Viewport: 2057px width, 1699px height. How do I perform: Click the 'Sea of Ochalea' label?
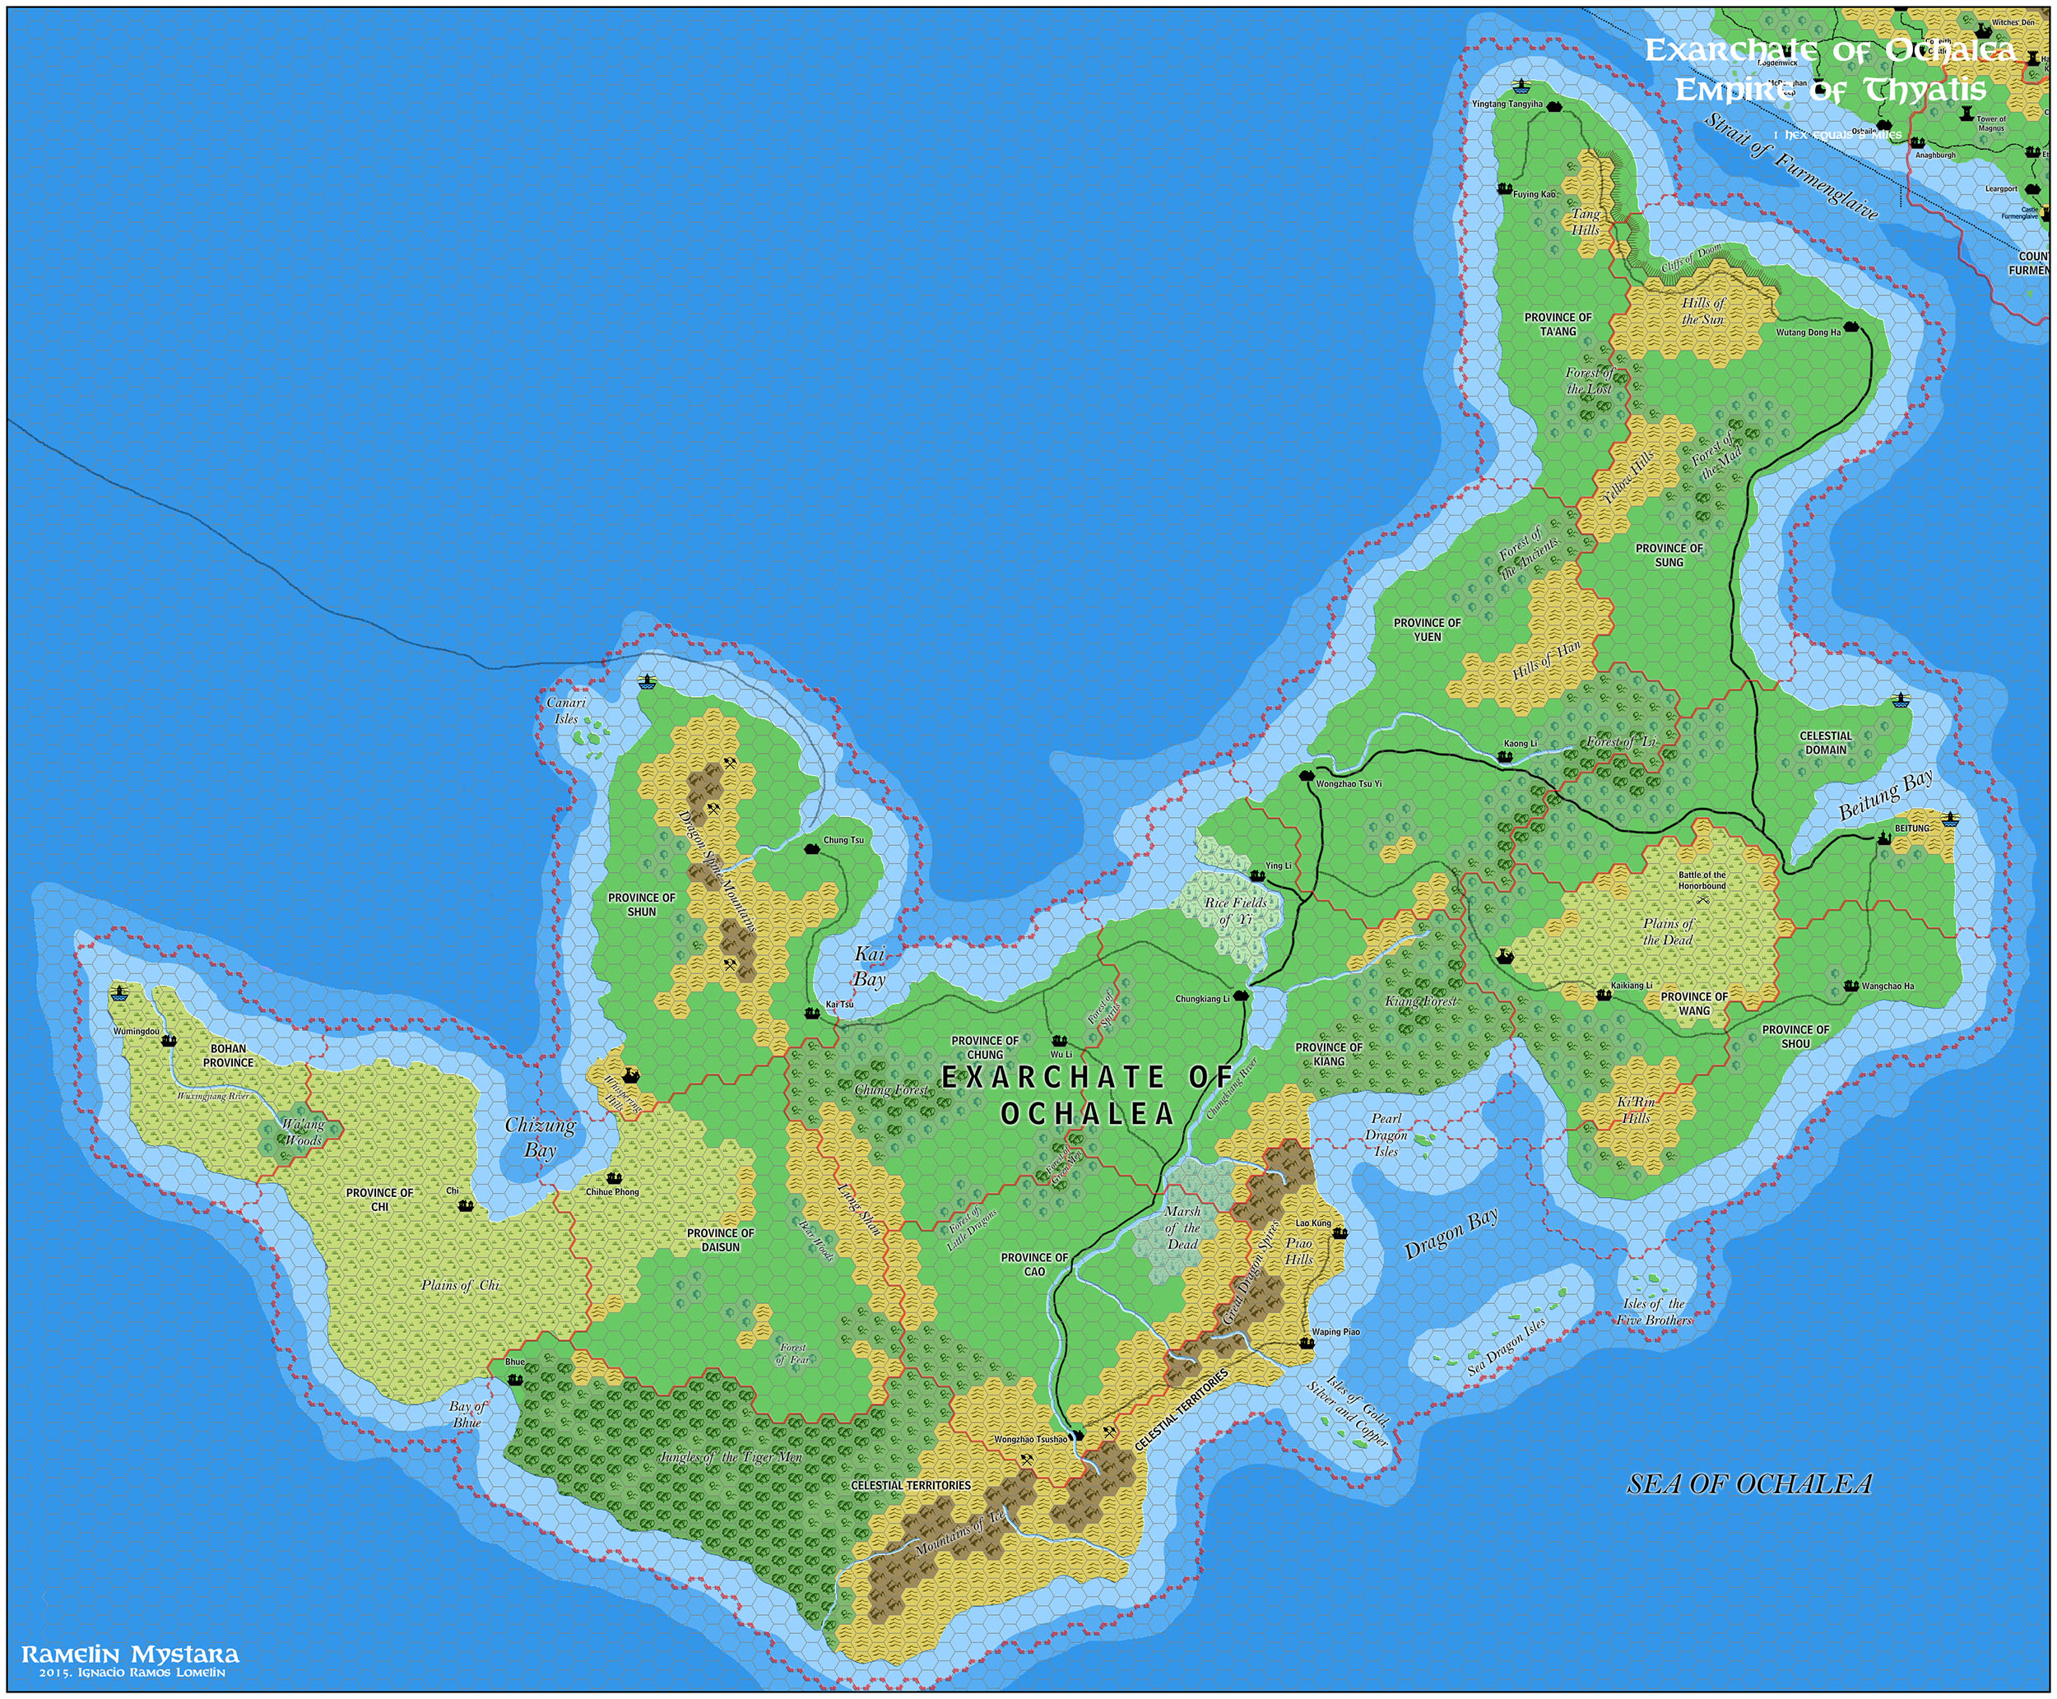1748,1483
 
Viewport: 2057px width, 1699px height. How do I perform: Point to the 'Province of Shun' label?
641,904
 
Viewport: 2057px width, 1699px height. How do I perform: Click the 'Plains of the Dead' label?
1668,931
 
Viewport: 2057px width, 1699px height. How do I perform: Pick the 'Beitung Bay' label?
1885,794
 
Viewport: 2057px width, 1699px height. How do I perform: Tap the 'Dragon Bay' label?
1451,1233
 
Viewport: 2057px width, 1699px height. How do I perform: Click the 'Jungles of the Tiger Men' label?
730,1457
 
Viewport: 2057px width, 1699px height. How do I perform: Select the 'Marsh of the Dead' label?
1182,1228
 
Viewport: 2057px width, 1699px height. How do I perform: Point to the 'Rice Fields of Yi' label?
1235,910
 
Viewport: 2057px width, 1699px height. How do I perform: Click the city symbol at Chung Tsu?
811,848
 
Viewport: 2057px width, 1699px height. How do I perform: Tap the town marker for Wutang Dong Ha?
1850,326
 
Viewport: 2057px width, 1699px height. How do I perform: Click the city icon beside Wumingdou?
169,1039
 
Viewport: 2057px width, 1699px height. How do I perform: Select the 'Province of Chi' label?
379,1199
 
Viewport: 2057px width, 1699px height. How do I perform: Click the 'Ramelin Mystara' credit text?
130,1654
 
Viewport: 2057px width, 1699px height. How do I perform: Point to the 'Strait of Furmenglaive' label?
1790,166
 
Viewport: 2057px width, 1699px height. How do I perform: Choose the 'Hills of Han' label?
1546,660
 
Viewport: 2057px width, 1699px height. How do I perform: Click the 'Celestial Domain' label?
1825,743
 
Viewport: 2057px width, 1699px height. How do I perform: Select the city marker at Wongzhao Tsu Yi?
1307,775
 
